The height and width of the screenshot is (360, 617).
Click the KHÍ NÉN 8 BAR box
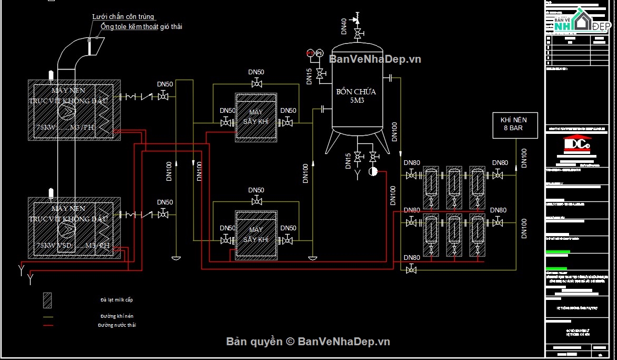(515, 125)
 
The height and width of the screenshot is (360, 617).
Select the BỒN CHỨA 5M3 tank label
(357, 95)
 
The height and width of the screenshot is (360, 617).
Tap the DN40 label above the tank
(344, 26)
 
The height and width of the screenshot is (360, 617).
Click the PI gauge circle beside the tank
(319, 53)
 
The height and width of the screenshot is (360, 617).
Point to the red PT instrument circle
(310, 53)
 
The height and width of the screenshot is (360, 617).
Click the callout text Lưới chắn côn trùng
(123, 17)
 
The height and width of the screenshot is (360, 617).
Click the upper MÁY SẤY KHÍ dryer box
(256, 118)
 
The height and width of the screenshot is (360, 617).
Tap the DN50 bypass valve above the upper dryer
(257, 83)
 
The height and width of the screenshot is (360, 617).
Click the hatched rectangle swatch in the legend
(48, 300)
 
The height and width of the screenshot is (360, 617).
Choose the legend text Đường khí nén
(116, 316)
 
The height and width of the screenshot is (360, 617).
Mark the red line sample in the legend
(48, 325)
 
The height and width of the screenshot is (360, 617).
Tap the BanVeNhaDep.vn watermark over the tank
(375, 59)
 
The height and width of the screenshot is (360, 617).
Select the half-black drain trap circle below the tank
(374, 171)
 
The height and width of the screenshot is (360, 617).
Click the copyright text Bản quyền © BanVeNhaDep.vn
(308, 342)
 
